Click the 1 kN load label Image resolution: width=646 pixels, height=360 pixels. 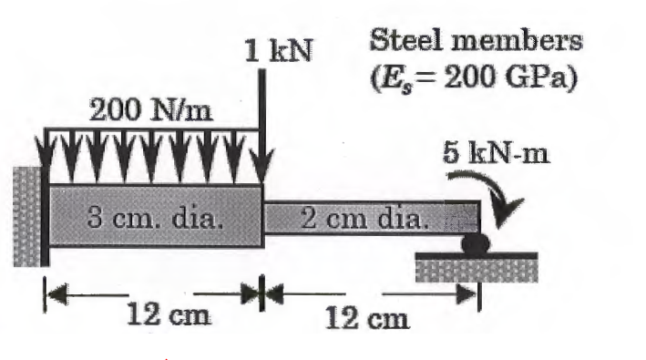click(279, 51)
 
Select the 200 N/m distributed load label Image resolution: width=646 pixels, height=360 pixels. click(150, 111)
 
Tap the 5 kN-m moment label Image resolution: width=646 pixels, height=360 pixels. click(497, 151)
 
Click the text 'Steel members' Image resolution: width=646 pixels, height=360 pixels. click(476, 42)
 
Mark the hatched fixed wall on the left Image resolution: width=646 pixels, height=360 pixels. click(26, 215)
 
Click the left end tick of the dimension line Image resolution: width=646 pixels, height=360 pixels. click(44, 293)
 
